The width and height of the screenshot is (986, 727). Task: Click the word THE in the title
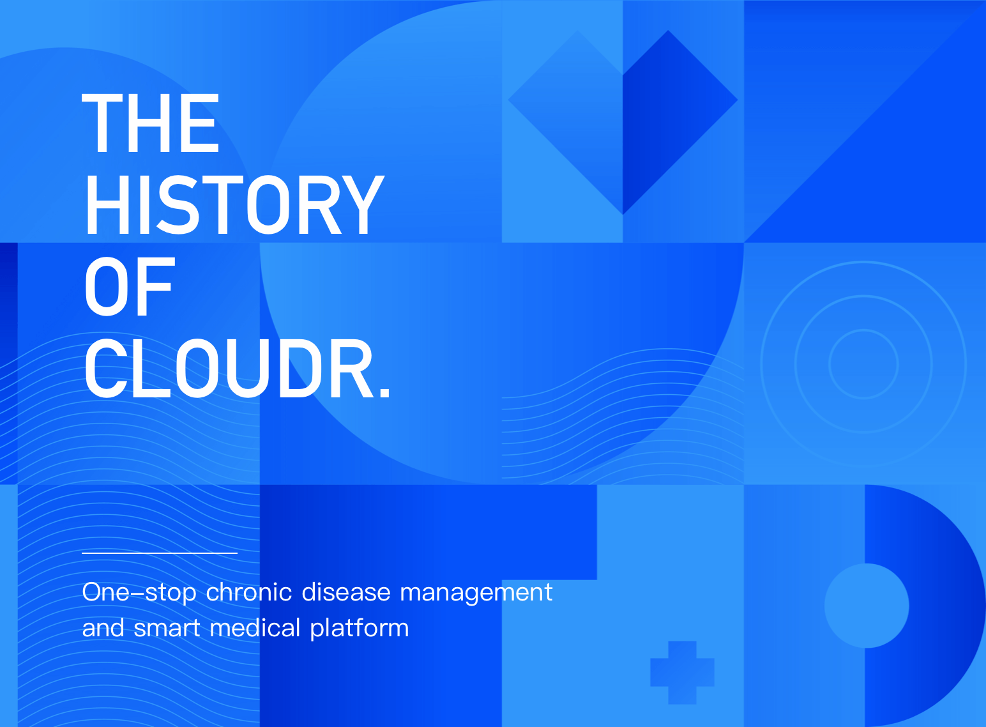[150, 123]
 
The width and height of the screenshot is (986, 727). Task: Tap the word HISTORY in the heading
[235, 205]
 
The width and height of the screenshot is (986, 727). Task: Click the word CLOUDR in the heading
[228, 369]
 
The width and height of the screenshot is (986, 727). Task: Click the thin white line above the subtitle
[160, 553]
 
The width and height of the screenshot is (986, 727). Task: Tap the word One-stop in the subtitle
[139, 593]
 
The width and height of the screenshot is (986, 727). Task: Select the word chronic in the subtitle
[248, 592]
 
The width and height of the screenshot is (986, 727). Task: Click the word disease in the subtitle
[346, 592]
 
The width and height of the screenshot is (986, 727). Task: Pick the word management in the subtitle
[476, 593]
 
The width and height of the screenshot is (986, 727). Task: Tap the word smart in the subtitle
[167, 629]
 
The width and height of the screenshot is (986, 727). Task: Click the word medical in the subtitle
[255, 627]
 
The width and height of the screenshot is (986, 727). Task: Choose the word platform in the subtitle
[360, 629]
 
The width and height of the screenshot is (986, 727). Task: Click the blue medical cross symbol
[682, 673]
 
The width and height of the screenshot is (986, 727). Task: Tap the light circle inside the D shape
[867, 606]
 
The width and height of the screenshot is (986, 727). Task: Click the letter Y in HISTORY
[364, 205]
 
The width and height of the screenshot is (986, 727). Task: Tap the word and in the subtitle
[103, 627]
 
